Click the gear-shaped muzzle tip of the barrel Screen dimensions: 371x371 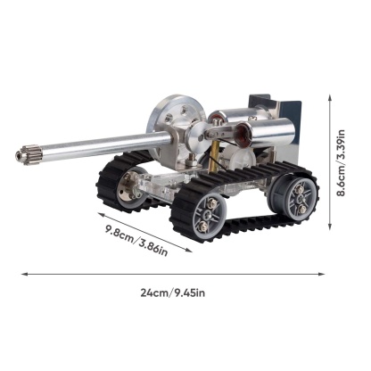point(21,156)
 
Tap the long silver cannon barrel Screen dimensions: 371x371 point(98,145)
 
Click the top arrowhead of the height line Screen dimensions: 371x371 point(334,100)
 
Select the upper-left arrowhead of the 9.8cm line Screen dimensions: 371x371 point(95,211)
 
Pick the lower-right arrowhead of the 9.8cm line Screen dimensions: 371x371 point(189,250)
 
